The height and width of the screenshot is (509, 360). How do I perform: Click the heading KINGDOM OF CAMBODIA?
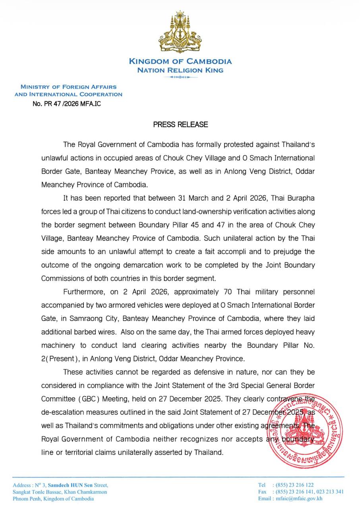pos(180,62)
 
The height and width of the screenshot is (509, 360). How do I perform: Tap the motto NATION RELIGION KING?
pos(180,70)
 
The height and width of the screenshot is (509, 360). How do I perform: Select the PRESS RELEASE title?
pos(180,124)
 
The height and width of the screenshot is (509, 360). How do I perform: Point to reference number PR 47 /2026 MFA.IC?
pos(70,104)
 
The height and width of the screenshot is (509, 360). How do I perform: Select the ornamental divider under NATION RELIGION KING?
pos(180,77)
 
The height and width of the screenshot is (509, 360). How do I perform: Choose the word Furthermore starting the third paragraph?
pos(83,292)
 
